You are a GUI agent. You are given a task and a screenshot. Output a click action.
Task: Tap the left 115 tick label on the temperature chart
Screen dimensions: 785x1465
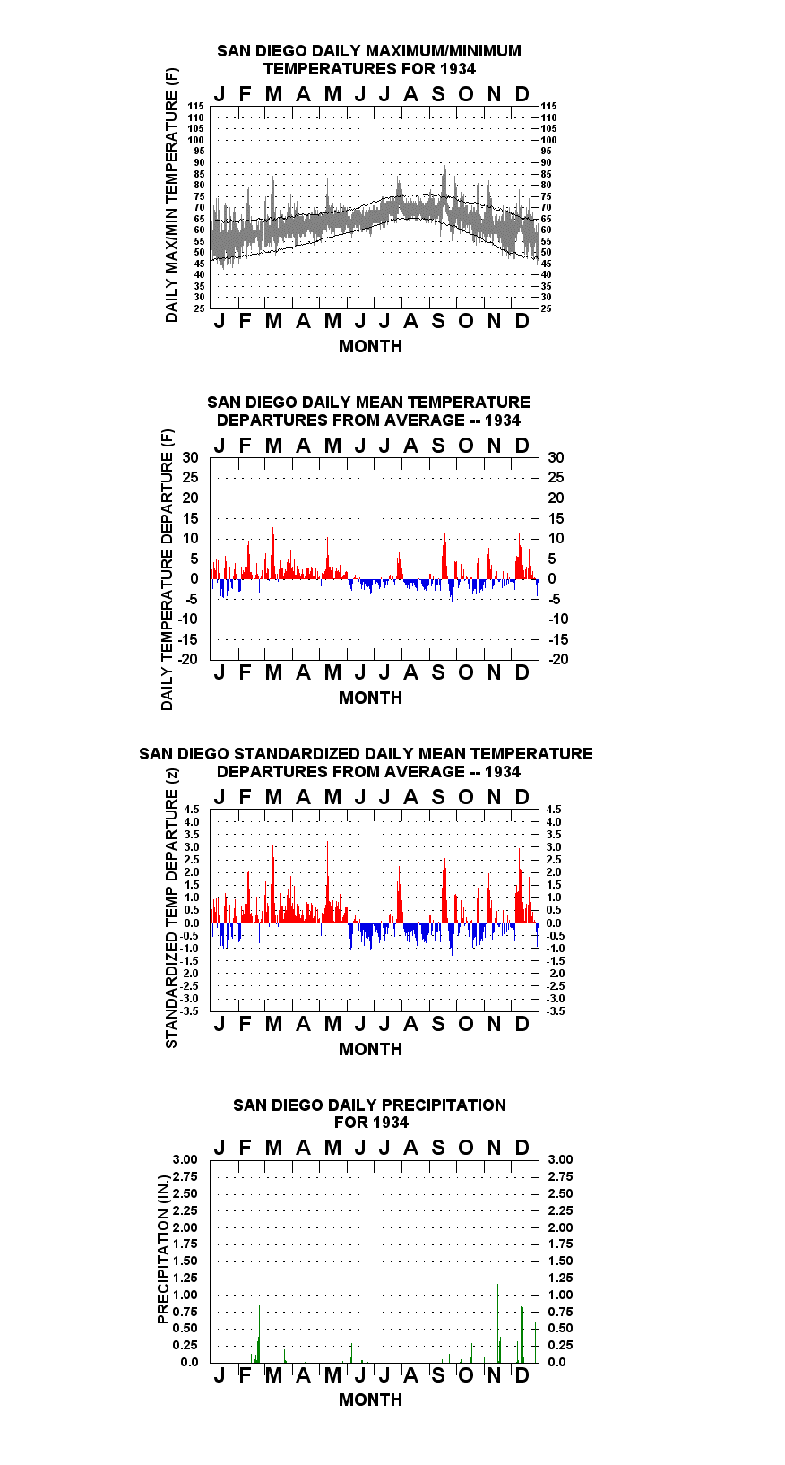tap(196, 106)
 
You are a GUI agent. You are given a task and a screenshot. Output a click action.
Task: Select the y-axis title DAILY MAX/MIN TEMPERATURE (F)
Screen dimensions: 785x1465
tap(171, 195)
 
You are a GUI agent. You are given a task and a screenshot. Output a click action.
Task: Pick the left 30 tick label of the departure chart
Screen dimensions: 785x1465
tap(190, 458)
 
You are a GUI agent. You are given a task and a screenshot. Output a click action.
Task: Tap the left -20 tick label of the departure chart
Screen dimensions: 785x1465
tap(187, 659)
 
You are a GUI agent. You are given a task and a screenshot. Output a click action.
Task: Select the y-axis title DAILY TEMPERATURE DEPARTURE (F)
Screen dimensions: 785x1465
tap(168, 569)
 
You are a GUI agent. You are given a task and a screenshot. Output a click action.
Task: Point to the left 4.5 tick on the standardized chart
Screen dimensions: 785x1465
tap(192, 810)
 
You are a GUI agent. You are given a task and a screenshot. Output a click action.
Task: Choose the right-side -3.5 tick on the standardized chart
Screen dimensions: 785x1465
tap(556, 1011)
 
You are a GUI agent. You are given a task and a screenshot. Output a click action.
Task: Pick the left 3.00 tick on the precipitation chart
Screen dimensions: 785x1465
tap(185, 1159)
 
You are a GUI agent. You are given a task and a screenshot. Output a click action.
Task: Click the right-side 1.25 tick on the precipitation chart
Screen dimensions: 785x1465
tap(560, 1278)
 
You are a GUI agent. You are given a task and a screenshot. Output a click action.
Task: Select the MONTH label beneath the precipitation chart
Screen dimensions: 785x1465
tap(371, 1400)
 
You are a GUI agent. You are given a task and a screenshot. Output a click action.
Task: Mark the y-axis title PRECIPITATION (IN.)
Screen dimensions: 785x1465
tap(163, 1250)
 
